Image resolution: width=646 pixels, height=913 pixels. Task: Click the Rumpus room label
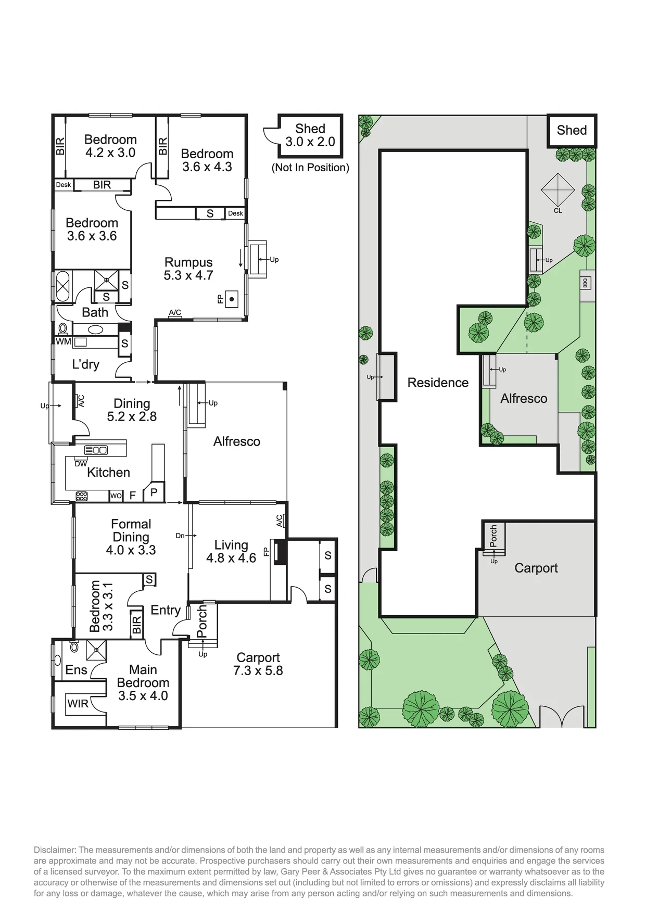click(188, 262)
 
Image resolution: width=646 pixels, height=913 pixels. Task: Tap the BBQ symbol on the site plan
click(585, 283)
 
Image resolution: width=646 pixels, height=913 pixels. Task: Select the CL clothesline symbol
click(558, 189)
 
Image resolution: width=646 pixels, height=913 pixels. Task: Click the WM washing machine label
click(64, 341)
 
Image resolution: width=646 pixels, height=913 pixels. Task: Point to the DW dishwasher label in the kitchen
click(81, 464)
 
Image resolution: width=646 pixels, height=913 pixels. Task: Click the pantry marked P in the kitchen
click(154, 492)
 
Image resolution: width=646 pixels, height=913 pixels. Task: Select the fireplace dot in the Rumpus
click(232, 299)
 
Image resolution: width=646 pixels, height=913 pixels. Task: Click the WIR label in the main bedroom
click(78, 704)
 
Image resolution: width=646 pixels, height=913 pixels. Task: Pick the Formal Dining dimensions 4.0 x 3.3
click(131, 550)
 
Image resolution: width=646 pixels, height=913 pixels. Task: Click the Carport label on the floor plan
click(258, 657)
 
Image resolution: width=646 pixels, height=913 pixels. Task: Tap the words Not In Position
click(310, 168)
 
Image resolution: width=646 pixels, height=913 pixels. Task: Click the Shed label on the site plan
click(572, 130)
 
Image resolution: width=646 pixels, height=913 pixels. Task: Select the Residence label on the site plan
click(438, 383)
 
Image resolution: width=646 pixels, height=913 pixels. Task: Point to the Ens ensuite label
click(76, 670)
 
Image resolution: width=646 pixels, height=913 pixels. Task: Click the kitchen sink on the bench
click(96, 450)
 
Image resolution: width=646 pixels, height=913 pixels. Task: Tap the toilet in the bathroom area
click(63, 329)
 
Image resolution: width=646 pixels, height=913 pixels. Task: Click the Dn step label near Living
click(180, 536)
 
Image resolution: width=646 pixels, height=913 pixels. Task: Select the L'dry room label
click(86, 364)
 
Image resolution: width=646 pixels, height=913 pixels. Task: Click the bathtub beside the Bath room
click(63, 286)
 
